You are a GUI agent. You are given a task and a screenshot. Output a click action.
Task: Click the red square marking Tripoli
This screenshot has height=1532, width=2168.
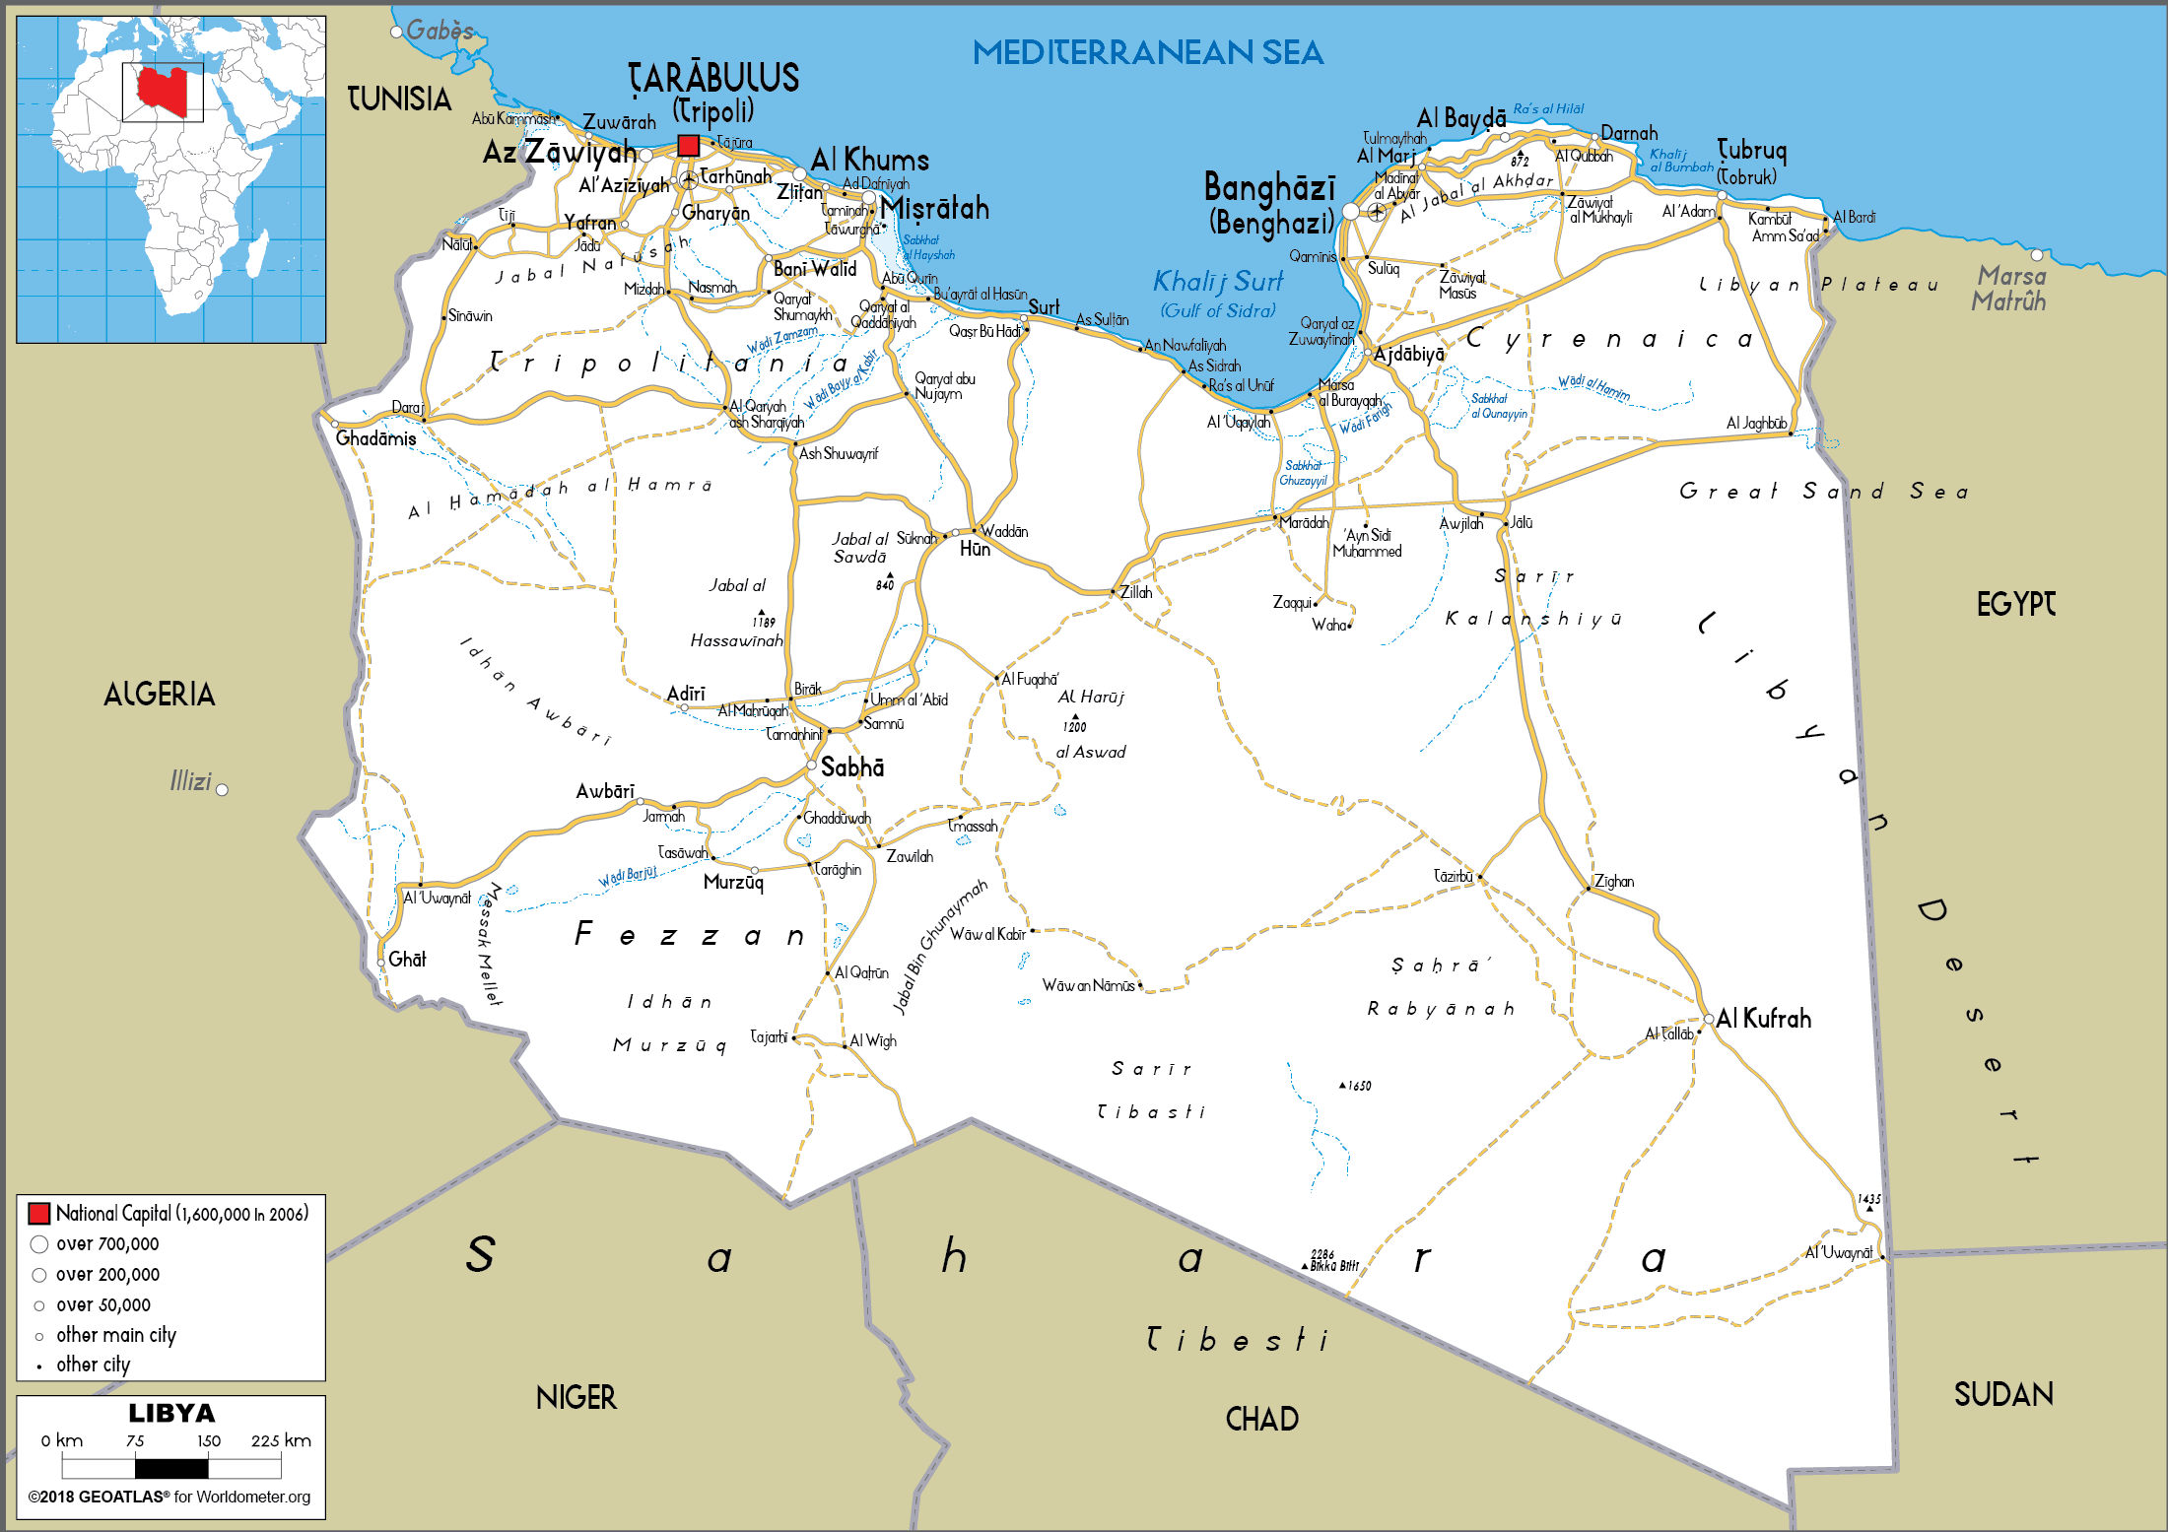point(688,146)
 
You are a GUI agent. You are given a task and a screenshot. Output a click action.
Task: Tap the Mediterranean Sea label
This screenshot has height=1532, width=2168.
point(1147,52)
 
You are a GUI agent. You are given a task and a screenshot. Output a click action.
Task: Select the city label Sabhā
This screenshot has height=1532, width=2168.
point(851,767)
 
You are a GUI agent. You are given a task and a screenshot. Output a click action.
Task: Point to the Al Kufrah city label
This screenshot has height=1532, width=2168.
point(1763,1019)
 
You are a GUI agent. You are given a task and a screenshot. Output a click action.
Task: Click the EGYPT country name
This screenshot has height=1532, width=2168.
point(2015,604)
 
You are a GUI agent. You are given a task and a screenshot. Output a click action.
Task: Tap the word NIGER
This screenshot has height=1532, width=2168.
point(576,1397)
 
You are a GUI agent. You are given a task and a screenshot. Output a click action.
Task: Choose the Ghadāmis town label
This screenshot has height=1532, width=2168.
point(375,438)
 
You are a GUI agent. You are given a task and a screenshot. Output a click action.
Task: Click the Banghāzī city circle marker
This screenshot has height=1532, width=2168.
point(1350,212)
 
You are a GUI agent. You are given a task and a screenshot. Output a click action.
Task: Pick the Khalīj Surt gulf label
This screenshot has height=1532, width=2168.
point(1218,282)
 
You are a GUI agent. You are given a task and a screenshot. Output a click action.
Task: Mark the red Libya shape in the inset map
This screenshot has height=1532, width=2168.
point(162,92)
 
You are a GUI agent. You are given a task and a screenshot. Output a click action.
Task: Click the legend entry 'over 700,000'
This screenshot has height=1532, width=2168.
point(106,1244)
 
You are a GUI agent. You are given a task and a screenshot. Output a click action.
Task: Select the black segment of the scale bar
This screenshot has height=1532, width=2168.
point(171,1468)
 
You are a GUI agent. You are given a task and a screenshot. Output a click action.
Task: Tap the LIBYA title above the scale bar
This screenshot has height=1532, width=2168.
point(171,1413)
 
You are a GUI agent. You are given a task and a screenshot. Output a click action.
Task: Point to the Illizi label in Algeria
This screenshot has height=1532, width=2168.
point(190,781)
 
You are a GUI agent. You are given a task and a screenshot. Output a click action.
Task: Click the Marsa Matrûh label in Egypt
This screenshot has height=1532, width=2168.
point(2010,289)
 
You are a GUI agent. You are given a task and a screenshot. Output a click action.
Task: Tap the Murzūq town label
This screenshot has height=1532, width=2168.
point(733,882)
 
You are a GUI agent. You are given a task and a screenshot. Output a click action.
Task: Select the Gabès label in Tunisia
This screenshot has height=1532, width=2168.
point(440,31)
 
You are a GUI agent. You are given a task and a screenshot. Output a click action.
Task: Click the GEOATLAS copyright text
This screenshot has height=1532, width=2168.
point(169,1497)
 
